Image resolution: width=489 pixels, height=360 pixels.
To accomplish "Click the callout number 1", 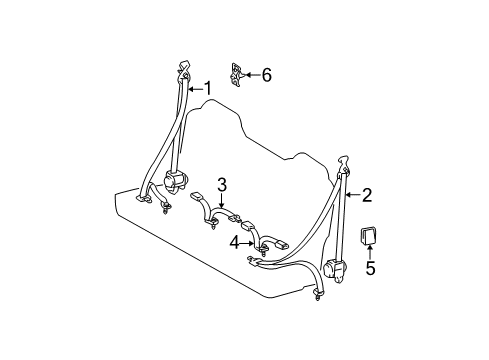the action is point(208,87).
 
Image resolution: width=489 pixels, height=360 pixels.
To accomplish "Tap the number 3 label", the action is point(222,183).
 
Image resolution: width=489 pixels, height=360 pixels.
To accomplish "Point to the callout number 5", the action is point(369,268).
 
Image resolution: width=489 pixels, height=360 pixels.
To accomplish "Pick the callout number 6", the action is point(265,74).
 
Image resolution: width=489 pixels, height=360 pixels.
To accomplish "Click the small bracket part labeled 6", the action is point(238,72).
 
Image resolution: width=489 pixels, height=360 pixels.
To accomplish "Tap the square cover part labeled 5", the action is point(369,237).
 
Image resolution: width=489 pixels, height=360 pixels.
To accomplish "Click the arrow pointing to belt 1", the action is point(195,88).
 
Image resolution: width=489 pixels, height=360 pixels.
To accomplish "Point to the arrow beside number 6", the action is point(252,74).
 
